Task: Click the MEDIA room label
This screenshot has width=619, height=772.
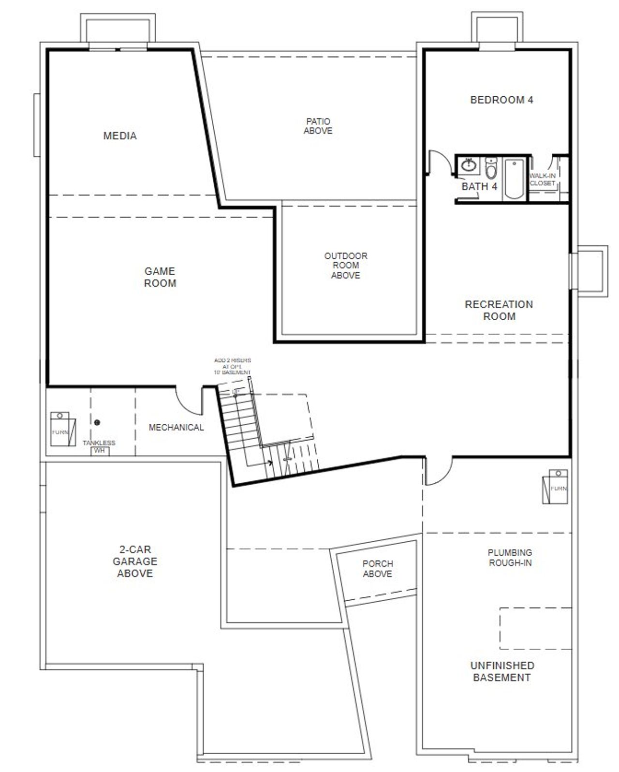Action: point(120,136)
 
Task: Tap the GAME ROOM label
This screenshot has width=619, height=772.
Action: point(160,277)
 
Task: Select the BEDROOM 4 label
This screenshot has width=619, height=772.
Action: point(501,100)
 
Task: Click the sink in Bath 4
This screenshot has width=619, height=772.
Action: point(469,165)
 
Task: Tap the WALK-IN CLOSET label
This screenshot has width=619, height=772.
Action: point(542,179)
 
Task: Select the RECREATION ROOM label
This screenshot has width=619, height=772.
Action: point(499,310)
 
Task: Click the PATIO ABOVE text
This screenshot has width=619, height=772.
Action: point(318,126)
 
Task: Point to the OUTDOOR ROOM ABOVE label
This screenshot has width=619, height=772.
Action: point(345,265)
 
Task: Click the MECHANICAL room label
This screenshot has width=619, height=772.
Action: point(176,427)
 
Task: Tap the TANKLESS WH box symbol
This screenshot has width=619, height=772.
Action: point(100,451)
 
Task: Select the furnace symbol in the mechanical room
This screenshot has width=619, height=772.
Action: point(63,429)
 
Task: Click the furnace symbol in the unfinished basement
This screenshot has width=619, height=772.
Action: point(554,486)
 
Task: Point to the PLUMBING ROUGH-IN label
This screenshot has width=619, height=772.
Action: point(510,557)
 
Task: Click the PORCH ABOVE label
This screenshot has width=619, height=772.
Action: point(377,568)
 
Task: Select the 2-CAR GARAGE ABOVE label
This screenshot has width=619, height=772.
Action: point(135,561)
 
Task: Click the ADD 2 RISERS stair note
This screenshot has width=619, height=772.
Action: point(233,366)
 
